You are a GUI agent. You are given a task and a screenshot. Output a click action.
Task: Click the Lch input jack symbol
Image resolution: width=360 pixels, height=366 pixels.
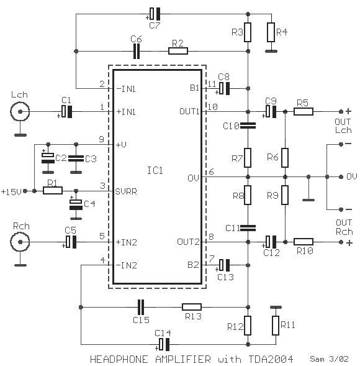(x=20, y=112)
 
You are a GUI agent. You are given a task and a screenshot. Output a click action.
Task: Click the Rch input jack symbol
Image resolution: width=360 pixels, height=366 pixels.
(x=20, y=242)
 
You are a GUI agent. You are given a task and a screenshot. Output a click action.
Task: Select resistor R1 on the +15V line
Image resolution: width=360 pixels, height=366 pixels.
(x=53, y=191)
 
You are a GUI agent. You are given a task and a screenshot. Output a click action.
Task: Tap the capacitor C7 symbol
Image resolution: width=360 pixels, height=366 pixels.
(x=155, y=14)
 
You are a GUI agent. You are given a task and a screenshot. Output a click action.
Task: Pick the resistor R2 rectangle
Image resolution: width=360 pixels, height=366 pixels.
(x=178, y=51)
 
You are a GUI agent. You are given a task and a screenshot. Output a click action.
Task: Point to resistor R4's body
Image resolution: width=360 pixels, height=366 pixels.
(x=271, y=32)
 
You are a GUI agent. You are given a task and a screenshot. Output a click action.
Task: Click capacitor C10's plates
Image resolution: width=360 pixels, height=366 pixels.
(x=248, y=126)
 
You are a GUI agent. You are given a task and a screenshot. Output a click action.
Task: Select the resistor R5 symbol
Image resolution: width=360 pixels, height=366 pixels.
(x=303, y=112)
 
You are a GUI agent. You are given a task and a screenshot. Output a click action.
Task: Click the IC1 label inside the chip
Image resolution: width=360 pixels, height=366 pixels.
(x=155, y=170)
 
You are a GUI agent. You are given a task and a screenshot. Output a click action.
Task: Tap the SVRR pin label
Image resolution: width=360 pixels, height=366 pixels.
(x=126, y=191)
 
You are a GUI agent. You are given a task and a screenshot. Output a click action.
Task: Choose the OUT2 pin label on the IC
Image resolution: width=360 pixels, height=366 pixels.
(x=188, y=242)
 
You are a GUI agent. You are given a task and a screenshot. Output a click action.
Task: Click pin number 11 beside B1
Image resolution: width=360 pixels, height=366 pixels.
(x=212, y=84)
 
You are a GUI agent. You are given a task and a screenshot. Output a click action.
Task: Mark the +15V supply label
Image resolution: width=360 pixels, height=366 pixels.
(x=11, y=192)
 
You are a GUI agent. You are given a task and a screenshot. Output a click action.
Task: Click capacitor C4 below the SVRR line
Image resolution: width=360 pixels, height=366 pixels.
(x=76, y=204)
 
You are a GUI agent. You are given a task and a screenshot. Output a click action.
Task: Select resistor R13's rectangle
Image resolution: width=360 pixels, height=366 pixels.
(x=192, y=307)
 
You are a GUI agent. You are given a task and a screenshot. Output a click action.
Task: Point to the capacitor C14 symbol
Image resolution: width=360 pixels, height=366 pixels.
(x=164, y=344)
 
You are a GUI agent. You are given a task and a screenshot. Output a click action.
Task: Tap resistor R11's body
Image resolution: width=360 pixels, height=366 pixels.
(x=276, y=326)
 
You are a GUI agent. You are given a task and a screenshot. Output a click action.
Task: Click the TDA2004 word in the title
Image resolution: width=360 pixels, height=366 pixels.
(x=271, y=359)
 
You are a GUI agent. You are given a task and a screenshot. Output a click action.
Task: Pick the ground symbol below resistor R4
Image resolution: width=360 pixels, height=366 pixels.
(x=271, y=51)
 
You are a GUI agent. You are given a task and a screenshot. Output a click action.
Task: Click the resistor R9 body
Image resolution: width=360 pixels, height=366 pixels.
(x=285, y=195)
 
